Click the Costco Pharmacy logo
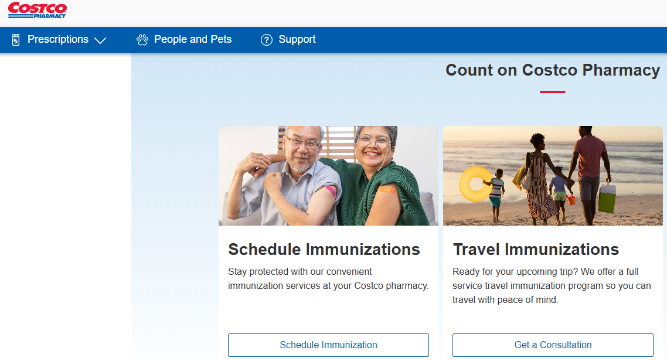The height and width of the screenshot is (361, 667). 38,10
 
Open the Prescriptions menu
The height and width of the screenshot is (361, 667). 58,39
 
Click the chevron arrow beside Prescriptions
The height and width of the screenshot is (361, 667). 100,40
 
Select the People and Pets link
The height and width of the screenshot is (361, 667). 193,39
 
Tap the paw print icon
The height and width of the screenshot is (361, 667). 142,39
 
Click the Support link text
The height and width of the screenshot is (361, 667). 297,39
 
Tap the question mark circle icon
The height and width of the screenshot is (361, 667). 267,40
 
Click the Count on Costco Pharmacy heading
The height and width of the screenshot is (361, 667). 553,70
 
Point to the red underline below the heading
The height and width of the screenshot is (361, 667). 553,92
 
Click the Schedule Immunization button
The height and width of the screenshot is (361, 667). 328,345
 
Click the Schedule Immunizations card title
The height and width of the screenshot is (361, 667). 324,250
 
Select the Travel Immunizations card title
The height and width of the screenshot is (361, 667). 536,250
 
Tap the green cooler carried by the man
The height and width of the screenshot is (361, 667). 607,198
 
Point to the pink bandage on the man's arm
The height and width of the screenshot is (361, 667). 331,190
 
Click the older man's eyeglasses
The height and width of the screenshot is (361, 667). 302,142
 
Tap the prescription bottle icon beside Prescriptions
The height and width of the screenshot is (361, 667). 16,39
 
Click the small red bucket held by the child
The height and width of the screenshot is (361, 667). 571,200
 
